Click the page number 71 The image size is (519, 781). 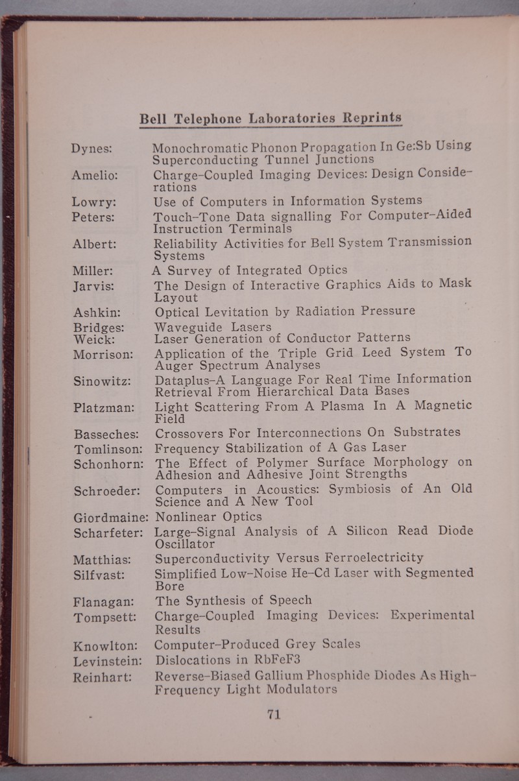pyautogui.click(x=273, y=715)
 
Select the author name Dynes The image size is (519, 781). pyautogui.click(x=93, y=149)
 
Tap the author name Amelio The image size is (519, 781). pyautogui.click(x=95, y=176)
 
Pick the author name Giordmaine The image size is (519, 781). pyautogui.click(x=110, y=517)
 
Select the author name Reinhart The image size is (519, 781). pyautogui.click(x=103, y=677)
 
